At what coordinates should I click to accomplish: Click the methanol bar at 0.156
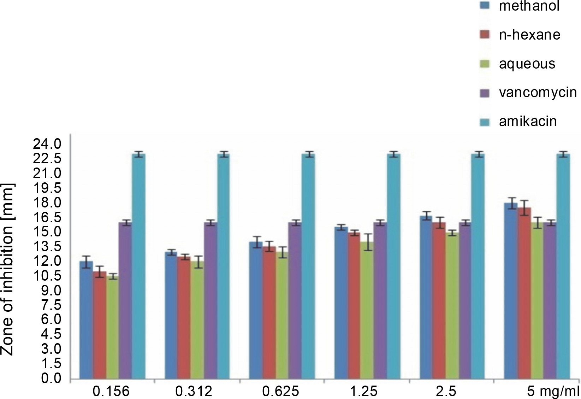point(86,320)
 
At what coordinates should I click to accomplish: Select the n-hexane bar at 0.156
point(100,325)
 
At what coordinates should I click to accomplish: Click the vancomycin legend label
point(538,93)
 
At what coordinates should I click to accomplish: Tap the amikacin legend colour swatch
point(485,122)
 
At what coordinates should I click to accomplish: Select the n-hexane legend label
point(529,35)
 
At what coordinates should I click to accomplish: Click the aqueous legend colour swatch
point(485,64)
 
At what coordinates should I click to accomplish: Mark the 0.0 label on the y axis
point(51,379)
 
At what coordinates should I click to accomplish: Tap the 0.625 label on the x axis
point(280,391)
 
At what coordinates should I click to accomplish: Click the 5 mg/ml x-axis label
point(553,391)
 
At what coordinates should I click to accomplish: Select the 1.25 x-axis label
point(364,391)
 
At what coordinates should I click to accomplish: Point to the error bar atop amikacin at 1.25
point(394,154)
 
